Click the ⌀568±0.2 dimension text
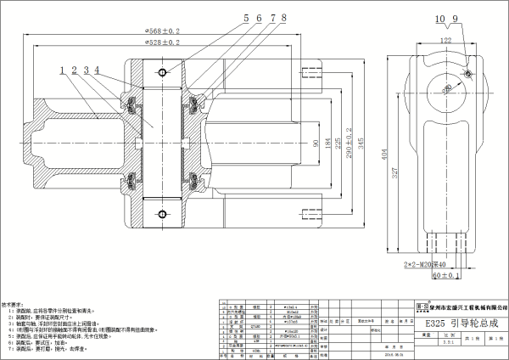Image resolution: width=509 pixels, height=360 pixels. pos(162,31)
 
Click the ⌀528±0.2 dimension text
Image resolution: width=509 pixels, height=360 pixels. pos(162,42)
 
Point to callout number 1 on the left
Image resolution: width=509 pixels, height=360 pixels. pos(63,70)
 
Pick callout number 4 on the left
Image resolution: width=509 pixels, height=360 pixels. pos(97,70)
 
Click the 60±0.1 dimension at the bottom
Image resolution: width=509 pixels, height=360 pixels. pos(445,276)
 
